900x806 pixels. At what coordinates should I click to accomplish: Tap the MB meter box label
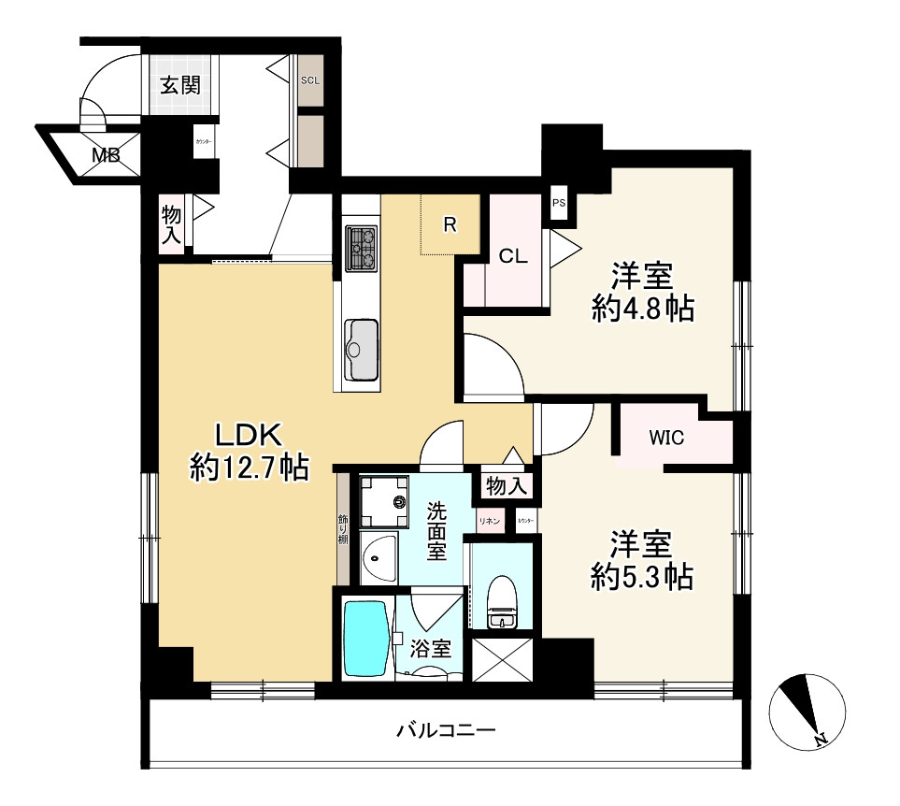(x=106, y=155)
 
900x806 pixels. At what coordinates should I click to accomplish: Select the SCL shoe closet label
(x=310, y=80)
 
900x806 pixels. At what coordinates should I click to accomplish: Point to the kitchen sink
(x=361, y=349)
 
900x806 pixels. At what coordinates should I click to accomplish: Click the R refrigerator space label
(x=450, y=224)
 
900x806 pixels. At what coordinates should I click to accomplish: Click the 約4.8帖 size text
(x=643, y=309)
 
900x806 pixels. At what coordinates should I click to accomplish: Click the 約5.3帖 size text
(x=642, y=577)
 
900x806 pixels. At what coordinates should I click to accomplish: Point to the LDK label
(x=249, y=435)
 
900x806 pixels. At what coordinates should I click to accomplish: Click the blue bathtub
(x=365, y=639)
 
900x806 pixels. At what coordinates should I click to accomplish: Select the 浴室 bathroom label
(x=430, y=647)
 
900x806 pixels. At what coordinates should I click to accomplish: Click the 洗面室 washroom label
(x=437, y=530)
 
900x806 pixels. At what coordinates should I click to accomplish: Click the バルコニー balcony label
(x=445, y=730)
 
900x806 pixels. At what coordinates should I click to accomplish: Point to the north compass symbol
(x=808, y=710)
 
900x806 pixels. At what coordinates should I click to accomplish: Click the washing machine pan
(x=383, y=501)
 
